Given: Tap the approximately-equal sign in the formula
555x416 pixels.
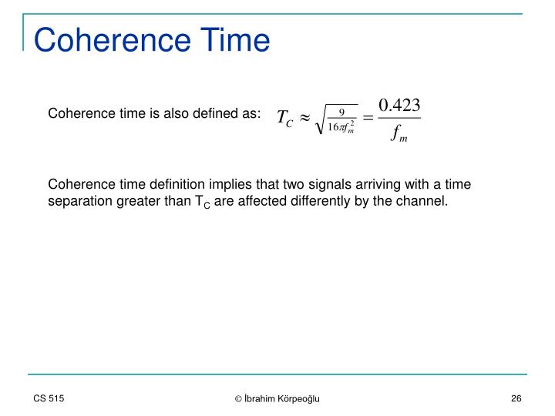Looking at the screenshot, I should point(304,119).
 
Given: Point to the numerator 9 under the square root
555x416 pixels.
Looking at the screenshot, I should point(341,112).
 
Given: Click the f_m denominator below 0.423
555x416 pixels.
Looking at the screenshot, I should point(400,135).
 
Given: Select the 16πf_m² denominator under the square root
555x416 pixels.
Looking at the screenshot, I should point(341,127).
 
